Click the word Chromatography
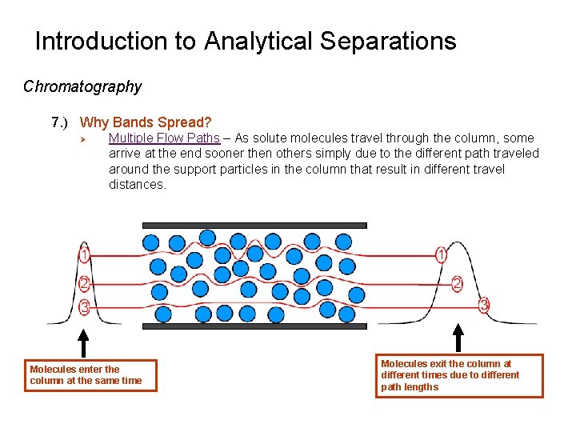82,86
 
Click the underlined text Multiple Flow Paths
164,138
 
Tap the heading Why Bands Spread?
146,122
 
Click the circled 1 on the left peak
84,256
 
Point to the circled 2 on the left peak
84,282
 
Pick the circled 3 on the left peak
84,306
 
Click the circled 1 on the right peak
441,256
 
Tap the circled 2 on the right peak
457,283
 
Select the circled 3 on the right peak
483,305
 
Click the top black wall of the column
254,225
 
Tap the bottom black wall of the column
254,326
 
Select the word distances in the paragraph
137,185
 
